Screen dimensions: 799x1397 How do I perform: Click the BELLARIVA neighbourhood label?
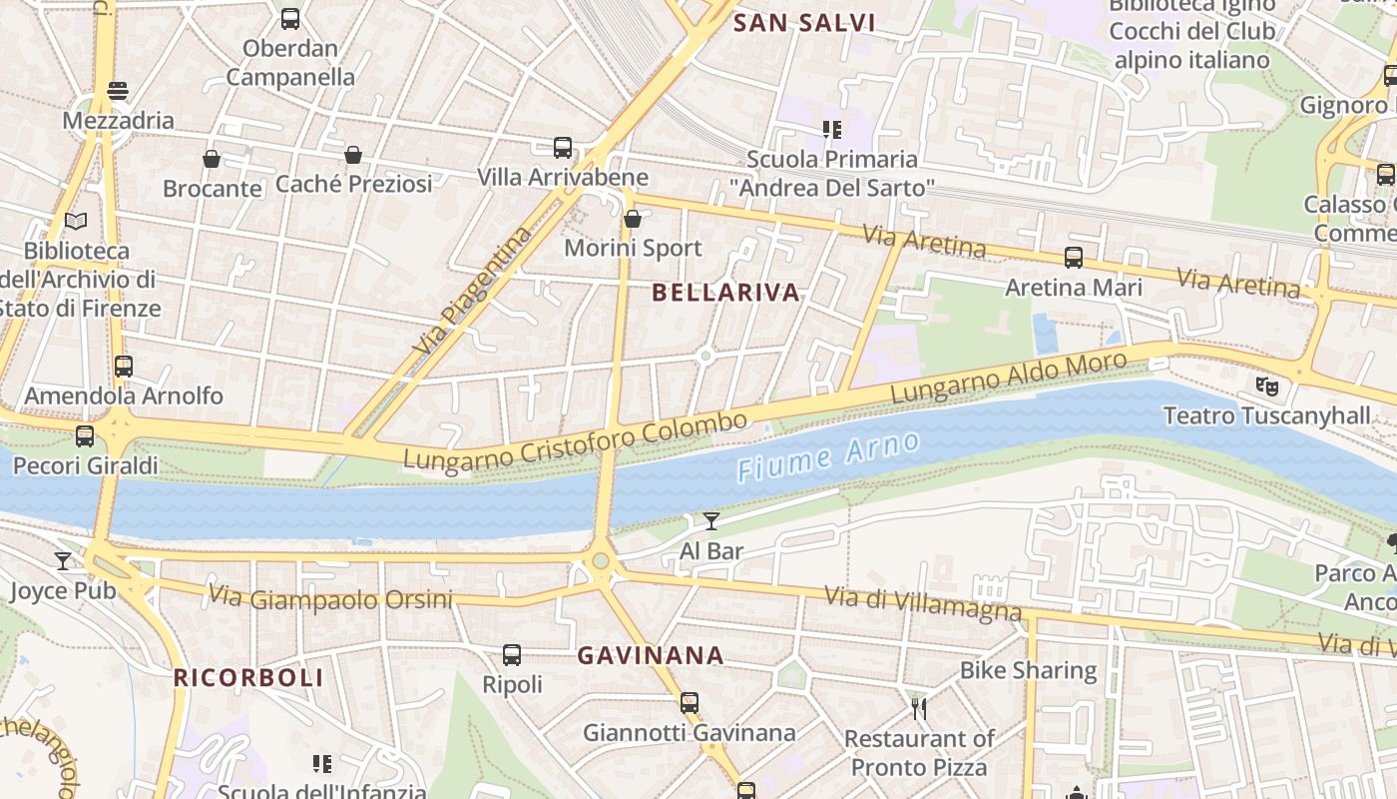click(x=725, y=293)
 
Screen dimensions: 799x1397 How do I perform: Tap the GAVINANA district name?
click(x=651, y=656)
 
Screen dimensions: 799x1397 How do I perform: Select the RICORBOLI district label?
click(x=248, y=677)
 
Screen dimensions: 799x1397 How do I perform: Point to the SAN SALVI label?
click(x=804, y=23)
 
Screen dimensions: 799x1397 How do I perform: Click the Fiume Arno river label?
click(x=827, y=456)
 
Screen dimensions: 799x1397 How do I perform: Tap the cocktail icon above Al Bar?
click(x=710, y=520)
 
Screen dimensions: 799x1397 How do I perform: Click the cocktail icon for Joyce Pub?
click(x=63, y=561)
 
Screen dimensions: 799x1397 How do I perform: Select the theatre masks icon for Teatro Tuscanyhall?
click(x=1266, y=385)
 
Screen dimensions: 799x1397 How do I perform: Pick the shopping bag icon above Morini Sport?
click(x=632, y=219)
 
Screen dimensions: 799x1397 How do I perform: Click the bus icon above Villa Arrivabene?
click(x=563, y=148)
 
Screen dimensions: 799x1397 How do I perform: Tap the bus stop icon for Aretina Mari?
click(x=1073, y=258)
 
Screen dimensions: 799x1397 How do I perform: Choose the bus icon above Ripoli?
click(x=512, y=655)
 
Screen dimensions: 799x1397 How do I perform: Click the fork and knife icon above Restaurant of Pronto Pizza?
click(x=919, y=709)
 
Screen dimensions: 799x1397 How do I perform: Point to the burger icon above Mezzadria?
click(x=118, y=91)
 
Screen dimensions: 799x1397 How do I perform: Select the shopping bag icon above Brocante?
click(x=212, y=159)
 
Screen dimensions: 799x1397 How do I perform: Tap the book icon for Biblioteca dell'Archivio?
click(x=76, y=221)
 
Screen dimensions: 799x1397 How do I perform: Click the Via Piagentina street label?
click(x=474, y=293)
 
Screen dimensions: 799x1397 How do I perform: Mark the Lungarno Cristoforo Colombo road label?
click(x=575, y=440)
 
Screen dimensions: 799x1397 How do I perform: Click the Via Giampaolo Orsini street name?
click(x=330, y=598)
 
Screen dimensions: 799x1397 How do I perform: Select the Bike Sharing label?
click(x=1028, y=670)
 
